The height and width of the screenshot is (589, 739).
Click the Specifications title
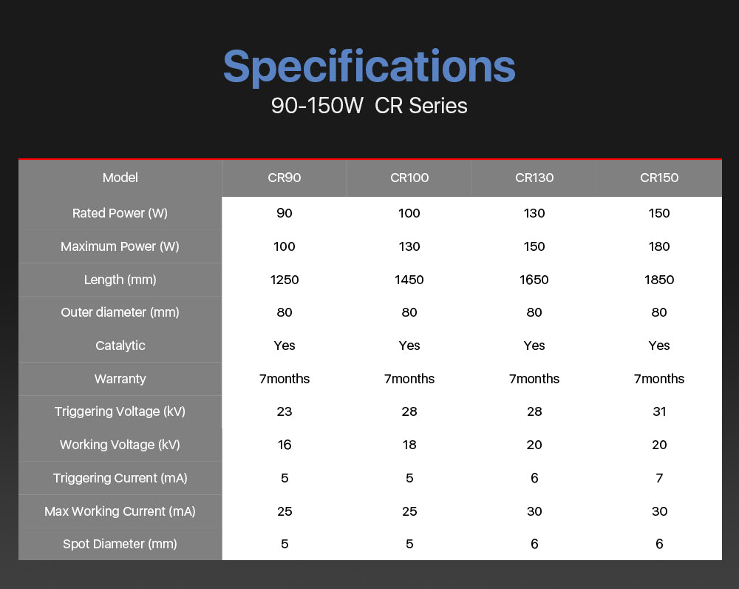[369, 67]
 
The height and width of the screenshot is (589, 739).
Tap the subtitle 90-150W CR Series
[369, 106]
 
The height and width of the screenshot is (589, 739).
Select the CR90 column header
[285, 178]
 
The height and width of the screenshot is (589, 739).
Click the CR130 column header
[534, 178]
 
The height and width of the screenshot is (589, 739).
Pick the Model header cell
[120, 178]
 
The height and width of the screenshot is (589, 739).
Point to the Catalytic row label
[120, 346]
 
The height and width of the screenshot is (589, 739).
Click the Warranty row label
[120, 379]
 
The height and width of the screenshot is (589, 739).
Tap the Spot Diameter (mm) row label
[120, 544]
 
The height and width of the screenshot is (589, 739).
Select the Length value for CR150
[659, 280]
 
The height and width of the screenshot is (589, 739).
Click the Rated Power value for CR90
[285, 213]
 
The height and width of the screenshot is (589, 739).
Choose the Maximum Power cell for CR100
[409, 247]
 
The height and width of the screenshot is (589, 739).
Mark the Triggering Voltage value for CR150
[659, 411]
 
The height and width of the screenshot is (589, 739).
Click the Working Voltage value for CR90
[285, 445]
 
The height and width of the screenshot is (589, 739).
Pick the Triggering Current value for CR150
[659, 478]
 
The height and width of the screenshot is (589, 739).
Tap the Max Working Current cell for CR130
[534, 511]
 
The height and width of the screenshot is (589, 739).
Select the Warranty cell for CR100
[409, 379]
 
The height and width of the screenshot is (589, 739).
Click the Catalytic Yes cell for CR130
[534, 346]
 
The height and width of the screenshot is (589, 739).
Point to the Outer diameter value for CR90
[285, 312]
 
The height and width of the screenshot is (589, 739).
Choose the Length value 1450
[409, 280]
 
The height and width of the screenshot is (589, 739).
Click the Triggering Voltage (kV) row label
[120, 411]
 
